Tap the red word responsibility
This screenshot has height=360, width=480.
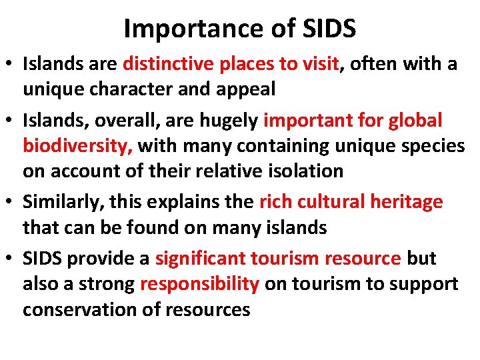pyautogui.click(x=200, y=284)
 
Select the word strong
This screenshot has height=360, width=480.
pyautogui.click(x=109, y=284)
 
